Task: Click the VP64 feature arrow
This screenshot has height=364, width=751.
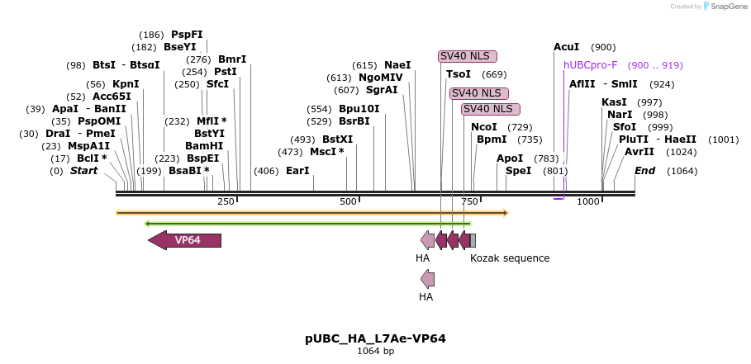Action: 185,240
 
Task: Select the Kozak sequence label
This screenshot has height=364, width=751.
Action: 509,258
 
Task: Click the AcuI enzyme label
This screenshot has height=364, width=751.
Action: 566,47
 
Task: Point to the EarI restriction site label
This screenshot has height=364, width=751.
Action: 297,171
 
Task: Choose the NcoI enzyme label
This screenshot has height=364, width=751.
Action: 483,127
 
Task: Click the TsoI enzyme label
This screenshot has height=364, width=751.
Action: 459,74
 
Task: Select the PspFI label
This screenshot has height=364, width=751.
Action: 187,35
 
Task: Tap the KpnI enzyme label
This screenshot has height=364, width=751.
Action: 126,84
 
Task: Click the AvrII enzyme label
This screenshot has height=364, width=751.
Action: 639,152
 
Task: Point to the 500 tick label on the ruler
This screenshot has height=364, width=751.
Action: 348,202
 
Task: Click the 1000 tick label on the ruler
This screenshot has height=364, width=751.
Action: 587,202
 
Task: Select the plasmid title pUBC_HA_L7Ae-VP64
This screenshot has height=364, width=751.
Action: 375,338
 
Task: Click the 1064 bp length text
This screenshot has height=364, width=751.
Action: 375,351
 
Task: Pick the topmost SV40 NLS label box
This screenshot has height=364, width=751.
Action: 468,56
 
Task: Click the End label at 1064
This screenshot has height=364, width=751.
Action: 644,171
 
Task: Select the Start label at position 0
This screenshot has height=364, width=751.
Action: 83,171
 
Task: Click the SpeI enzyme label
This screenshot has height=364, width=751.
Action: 518,171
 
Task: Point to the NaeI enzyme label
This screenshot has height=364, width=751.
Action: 397,65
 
